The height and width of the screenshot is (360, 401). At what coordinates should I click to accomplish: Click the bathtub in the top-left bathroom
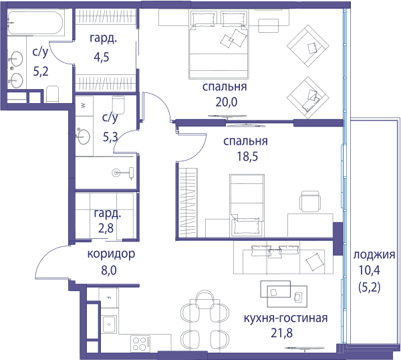pyautogui.click(x=35, y=23)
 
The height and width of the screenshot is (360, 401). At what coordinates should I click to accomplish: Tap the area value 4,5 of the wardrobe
pyautogui.click(x=102, y=57)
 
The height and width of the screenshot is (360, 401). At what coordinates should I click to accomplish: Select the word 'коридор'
pyautogui.click(x=111, y=254)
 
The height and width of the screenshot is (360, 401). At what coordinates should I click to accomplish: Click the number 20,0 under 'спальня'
pyautogui.click(x=227, y=102)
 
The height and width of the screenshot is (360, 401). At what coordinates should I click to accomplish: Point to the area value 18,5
pyautogui.click(x=247, y=156)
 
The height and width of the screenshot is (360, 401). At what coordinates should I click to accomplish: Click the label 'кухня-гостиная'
pyautogui.click(x=285, y=318)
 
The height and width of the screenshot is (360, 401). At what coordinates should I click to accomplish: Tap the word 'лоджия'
pyautogui.click(x=374, y=255)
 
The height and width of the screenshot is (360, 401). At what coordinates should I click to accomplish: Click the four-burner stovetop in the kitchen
pyautogui.click(x=140, y=343)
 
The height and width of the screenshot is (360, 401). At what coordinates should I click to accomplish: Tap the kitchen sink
pyautogui.click(x=109, y=324)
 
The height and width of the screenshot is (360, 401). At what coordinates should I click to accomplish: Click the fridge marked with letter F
pyautogui.click(x=108, y=298)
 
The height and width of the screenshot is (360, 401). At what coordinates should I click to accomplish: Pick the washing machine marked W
pyautogui.click(x=84, y=106)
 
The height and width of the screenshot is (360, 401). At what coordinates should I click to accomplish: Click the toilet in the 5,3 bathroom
pyautogui.click(x=118, y=105)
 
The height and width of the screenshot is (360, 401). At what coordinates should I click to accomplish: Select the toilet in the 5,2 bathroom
pyautogui.click(x=53, y=94)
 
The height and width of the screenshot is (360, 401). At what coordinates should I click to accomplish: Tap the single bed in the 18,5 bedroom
pyautogui.click(x=247, y=205)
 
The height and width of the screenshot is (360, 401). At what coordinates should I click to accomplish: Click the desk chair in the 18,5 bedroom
pyautogui.click(x=310, y=201)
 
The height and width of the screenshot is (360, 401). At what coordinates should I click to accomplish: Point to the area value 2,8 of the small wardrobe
pyautogui.click(x=106, y=228)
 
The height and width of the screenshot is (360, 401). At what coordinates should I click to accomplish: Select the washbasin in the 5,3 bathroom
pyautogui.click(x=84, y=137)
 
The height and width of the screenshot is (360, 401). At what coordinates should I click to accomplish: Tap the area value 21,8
pyautogui.click(x=281, y=333)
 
